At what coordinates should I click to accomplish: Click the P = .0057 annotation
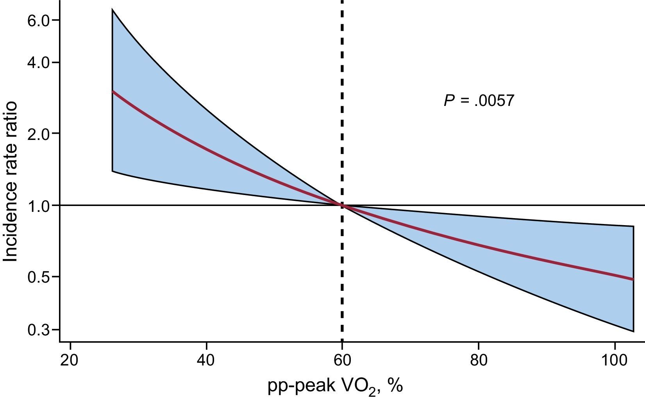pos(479,101)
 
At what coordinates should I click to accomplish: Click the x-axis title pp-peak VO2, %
pos(335,387)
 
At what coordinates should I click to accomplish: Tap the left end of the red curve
pos(113,91)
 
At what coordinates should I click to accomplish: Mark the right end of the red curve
pos(632,279)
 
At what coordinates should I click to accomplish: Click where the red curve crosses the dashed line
pos(342,205)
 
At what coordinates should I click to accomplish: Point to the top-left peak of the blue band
pos(113,9)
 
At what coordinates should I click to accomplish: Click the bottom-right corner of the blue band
pos(633,331)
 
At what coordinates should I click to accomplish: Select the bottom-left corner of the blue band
pos(113,171)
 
